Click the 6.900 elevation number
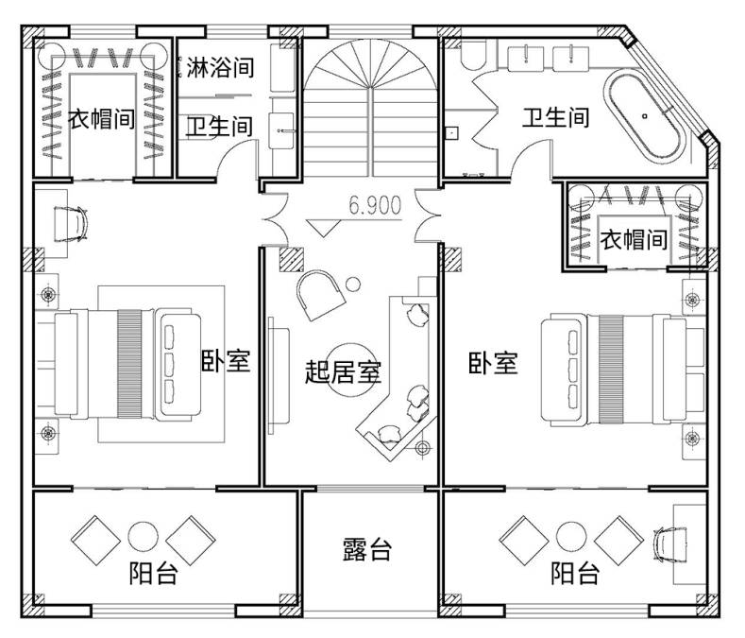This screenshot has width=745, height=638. click(375, 205)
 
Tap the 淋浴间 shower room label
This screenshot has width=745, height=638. click(220, 67)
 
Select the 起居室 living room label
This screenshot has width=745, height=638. click(343, 371)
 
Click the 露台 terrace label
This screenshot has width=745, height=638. click(367, 549)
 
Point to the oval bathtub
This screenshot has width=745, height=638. click(645, 115)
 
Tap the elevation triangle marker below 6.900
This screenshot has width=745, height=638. click(323, 229)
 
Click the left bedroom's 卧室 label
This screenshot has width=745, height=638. click(226, 360)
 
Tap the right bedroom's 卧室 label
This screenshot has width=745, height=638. click(493, 363)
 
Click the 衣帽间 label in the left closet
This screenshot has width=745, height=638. click(101, 118)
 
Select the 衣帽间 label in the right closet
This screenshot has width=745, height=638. click(634, 239)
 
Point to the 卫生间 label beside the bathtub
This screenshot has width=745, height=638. click(556, 117)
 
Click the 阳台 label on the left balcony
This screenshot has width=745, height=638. click(154, 573)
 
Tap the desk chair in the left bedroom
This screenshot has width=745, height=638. click(70, 224)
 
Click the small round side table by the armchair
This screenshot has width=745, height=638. click(352, 285)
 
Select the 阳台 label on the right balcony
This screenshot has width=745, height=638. click(575, 573)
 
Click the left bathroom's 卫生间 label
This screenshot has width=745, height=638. click(219, 127)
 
